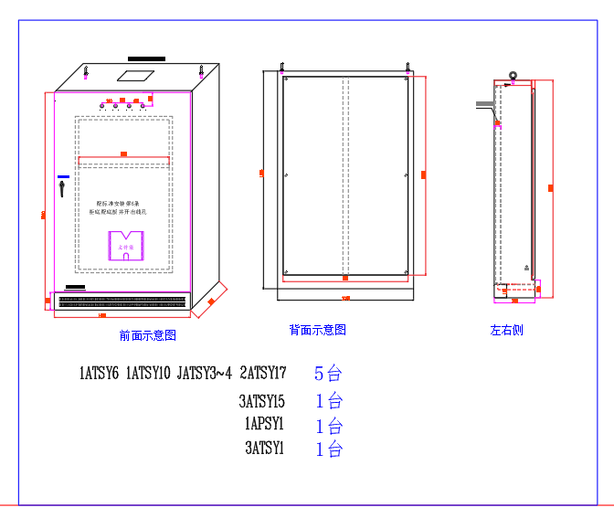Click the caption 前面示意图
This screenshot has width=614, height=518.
pos(147,336)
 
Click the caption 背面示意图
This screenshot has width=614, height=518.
pos(317,330)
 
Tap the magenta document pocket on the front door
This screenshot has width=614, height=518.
pos(126,246)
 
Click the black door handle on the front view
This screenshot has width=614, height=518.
pos(62,188)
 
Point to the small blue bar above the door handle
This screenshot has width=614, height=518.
pos(62,176)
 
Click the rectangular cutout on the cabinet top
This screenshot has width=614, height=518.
pos(137,71)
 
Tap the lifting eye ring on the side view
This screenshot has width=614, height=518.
pos(513,77)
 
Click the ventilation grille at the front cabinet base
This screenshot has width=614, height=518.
pos(122,301)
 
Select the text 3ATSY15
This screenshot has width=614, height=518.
pos(262,401)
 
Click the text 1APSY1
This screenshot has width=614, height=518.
pos(264,425)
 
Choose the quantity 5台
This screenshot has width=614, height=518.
pos(328,373)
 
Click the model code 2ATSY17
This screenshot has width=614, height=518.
pos(263,373)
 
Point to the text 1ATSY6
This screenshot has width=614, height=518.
pos(100,373)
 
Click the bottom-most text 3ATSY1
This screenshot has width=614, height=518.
pos(265,449)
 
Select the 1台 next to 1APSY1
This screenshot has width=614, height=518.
pos(328,426)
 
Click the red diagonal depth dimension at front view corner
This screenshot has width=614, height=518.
pos(211,300)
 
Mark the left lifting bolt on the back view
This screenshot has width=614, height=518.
pos(281,66)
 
